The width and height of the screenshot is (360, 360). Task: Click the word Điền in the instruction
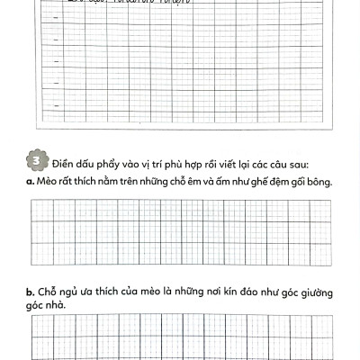pyautogui.click(x=63, y=164)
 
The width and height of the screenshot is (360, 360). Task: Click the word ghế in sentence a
pyautogui.click(x=270, y=183)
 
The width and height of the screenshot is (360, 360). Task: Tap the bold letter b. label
pyautogui.click(x=30, y=292)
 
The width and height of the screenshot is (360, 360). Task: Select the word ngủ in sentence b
pyautogui.click(x=65, y=293)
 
